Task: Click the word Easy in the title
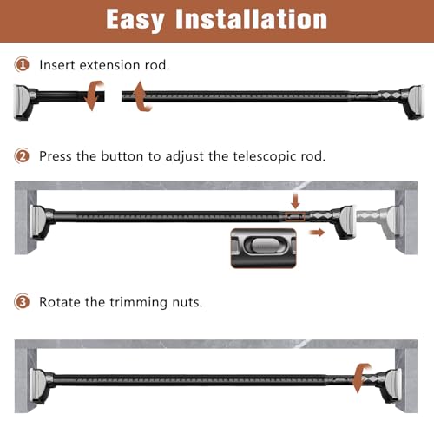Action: point(135,20)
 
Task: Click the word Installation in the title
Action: point(251,19)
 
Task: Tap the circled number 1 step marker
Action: point(22,64)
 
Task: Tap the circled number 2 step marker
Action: point(22,155)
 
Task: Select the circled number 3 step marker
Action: point(22,302)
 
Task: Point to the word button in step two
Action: point(122,156)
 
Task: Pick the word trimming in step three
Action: point(138,303)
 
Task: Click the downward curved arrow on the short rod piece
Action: point(94,95)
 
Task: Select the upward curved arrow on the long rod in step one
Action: point(141,96)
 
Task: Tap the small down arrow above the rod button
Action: point(295,201)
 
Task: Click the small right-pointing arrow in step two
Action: point(317,233)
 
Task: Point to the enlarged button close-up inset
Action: point(264,248)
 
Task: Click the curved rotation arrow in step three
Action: point(362,378)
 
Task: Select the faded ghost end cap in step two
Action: point(379,221)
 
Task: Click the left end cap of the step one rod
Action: point(24,102)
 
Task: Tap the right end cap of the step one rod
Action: point(414,102)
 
